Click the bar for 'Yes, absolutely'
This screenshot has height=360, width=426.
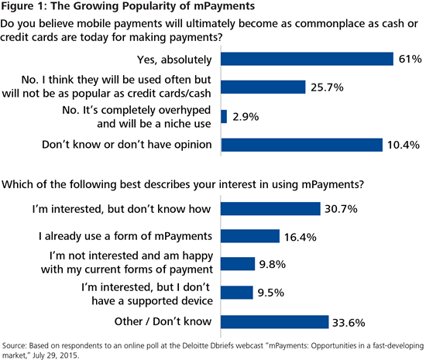tap(307, 58)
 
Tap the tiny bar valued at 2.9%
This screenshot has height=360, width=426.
tap(225, 116)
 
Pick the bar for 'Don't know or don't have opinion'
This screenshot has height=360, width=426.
tap(302, 145)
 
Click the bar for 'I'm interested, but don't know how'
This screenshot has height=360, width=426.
tap(270, 208)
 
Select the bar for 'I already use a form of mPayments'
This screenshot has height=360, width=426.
tap(250, 236)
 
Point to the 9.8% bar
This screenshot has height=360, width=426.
tap(238, 264)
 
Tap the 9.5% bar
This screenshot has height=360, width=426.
tap(237, 292)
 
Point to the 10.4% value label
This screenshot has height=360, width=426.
tap(404, 145)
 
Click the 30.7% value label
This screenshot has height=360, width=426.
tap(344, 208)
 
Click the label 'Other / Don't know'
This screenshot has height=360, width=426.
tap(160, 321)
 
